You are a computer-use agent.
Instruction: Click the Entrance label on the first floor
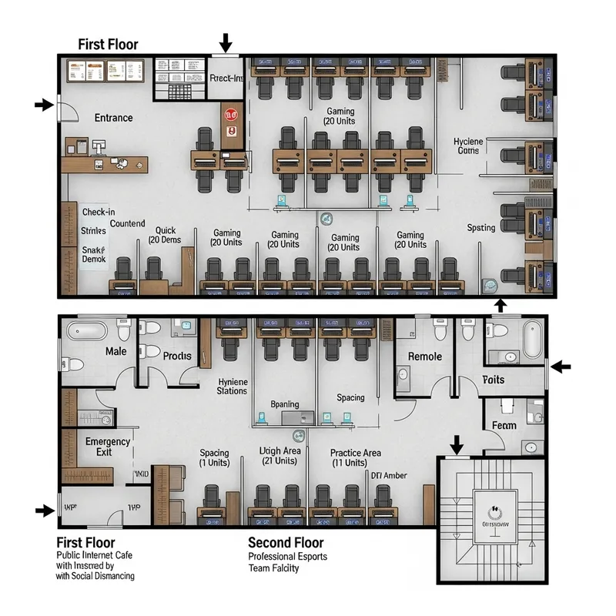113,118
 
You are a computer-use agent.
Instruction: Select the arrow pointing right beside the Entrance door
43,105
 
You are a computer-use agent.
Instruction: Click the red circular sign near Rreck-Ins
229,114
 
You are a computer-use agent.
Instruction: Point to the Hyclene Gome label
467,146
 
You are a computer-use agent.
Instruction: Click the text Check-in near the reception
99,211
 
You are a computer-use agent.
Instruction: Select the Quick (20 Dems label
166,235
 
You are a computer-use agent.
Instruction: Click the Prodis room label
177,356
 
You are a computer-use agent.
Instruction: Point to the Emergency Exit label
108,447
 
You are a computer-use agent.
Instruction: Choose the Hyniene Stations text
232,386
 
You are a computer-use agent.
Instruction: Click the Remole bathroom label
424,357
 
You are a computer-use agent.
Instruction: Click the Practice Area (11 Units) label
356,457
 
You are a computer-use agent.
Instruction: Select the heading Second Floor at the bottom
285,543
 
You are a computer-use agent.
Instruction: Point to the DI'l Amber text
389,476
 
